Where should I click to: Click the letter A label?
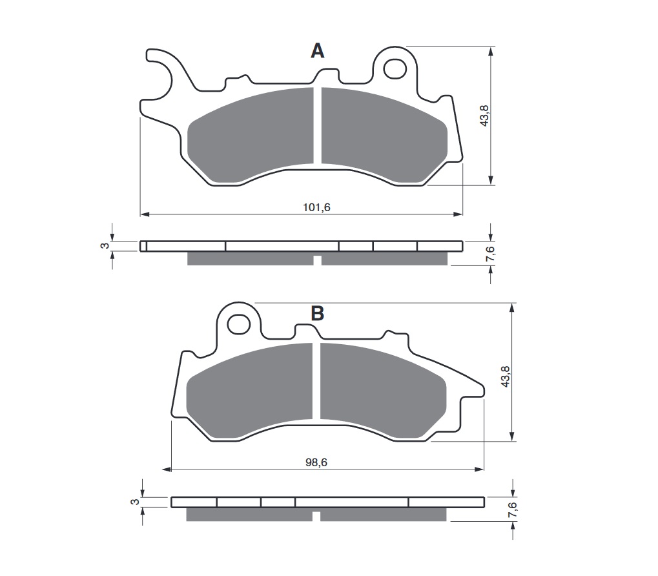point(317,51)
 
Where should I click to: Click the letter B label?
point(317,314)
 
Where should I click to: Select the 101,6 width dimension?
point(312,207)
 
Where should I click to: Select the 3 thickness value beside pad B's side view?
point(134,502)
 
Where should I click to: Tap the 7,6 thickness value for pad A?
point(491,254)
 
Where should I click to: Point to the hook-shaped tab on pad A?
point(161,71)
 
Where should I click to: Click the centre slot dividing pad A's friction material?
point(317,126)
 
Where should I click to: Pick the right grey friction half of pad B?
point(381,391)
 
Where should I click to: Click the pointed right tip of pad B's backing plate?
point(483,389)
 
